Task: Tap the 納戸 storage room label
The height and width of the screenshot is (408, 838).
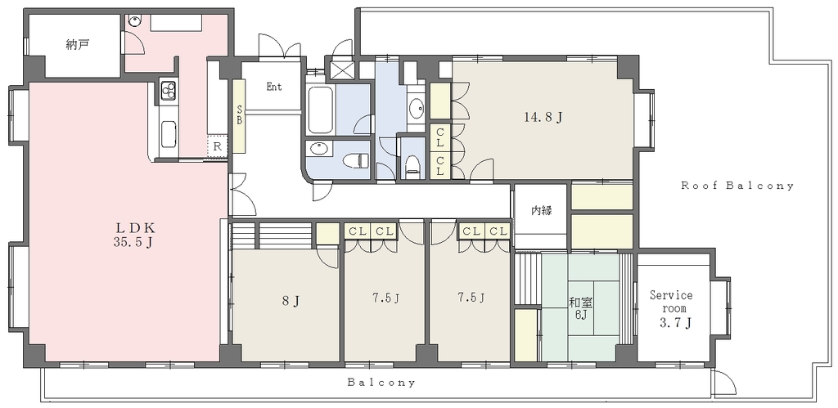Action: pyautogui.click(x=78, y=45)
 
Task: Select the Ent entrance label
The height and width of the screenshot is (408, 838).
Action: pyautogui.click(x=274, y=87)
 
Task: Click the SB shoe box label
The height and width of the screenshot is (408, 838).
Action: pyautogui.click(x=240, y=116)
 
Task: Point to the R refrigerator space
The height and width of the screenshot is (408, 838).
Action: pyautogui.click(x=218, y=146)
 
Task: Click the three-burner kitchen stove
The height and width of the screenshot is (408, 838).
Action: pyautogui.click(x=169, y=91)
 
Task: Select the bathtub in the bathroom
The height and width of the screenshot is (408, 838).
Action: pyautogui.click(x=320, y=110)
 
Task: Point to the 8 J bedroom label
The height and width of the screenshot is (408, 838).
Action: pyautogui.click(x=291, y=302)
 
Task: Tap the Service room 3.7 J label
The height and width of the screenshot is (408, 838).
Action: pyautogui.click(x=671, y=309)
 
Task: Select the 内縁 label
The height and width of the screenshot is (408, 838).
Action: pyautogui.click(x=542, y=210)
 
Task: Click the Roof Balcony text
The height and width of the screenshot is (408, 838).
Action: pyautogui.click(x=737, y=186)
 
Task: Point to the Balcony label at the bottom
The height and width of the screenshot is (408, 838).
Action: pyautogui.click(x=381, y=383)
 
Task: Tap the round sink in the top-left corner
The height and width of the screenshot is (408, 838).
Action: pyautogui.click(x=135, y=20)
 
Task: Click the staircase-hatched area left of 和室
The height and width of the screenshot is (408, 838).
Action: pyautogui.click(x=527, y=279)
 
